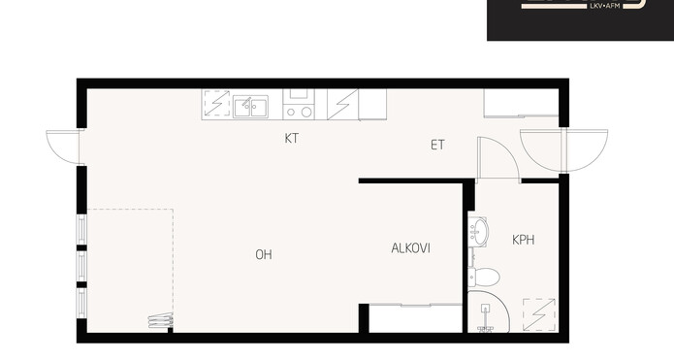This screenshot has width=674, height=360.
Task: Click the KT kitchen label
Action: click(292, 139)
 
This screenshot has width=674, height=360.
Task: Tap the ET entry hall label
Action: click(437, 145)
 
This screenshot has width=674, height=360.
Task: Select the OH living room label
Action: click(264, 254)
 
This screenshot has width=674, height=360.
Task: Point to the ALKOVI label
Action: click(410, 248)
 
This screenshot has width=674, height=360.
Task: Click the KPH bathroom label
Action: click(524, 240)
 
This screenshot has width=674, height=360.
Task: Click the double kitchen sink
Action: click(250, 107)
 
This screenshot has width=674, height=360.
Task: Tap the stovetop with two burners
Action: click(299, 104)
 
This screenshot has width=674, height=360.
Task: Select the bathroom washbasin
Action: click(477, 232)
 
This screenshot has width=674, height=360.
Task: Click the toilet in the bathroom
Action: click(484, 277)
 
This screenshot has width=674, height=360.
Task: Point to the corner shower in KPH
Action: click(489, 311)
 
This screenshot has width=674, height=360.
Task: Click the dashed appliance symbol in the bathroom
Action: click(539, 314)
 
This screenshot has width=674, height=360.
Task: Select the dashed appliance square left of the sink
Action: click(217, 103)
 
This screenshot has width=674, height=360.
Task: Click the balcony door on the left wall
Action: click(64, 147)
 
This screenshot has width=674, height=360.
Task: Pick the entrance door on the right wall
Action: click(563, 150)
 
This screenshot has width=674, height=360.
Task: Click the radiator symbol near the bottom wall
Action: click(160, 320)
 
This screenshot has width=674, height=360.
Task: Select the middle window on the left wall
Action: click(81, 266)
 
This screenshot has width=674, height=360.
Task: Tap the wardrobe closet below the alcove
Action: click(415, 318)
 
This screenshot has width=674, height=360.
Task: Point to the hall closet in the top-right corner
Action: click(521, 103)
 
